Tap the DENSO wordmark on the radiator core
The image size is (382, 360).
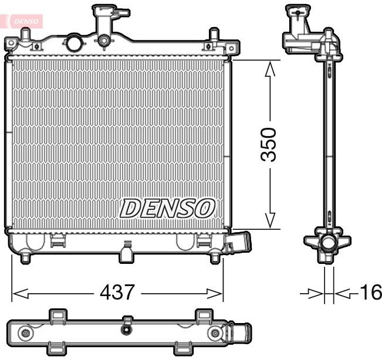pyautogui.click(x=168, y=208)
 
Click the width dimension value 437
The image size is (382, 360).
pyautogui.click(x=118, y=291)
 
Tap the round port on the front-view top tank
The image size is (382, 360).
pyautogui.click(x=74, y=43)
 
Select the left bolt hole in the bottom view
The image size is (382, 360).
pyautogui.click(x=25, y=334)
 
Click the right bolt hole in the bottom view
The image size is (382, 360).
pyautogui.click(x=217, y=334)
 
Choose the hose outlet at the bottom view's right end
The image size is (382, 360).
pyautogui.click(x=241, y=334)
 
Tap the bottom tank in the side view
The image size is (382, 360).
pyautogui.click(x=326, y=245)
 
